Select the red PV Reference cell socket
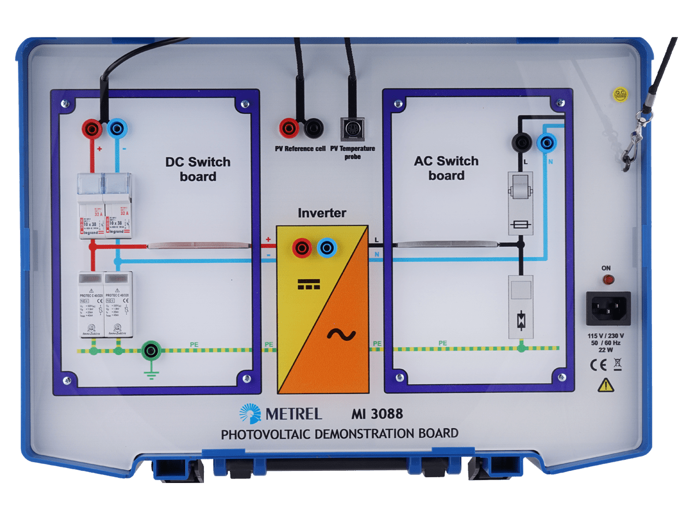[289, 128]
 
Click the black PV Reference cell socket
[314, 128]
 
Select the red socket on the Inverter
[302, 248]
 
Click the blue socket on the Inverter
[327, 248]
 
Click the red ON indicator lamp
[608, 280]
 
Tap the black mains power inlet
[608, 308]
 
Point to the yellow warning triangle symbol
[606, 385]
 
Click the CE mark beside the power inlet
[597, 364]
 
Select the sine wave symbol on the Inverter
[341, 334]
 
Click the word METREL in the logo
[293, 414]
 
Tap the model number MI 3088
[377, 414]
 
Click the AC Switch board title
[446, 168]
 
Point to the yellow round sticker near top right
[620, 94]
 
